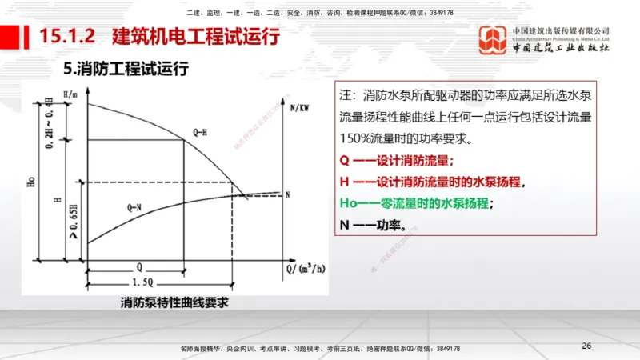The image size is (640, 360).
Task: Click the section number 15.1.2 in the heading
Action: (68, 37)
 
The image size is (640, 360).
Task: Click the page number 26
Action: (586, 345)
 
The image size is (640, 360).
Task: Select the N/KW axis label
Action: (301, 106)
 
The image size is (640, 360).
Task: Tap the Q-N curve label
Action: (137, 206)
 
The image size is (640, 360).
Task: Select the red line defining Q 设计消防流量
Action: (397, 159)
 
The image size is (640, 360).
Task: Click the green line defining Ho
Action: (416, 203)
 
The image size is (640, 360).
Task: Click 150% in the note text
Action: (357, 138)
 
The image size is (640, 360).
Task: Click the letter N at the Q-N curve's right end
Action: (287, 194)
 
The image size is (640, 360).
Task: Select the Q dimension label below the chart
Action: (139, 266)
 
